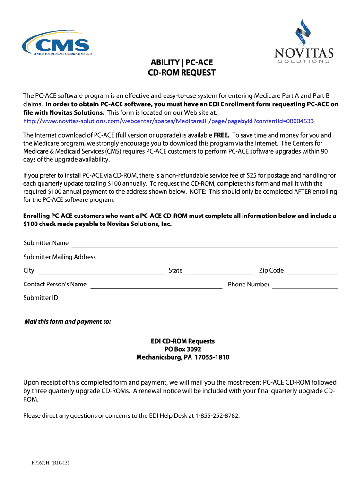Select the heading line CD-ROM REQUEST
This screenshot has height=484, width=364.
pyautogui.click(x=182, y=73)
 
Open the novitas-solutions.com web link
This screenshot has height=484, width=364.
pyautogui.click(x=169, y=121)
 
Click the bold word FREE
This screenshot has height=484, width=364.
pyautogui.click(x=221, y=135)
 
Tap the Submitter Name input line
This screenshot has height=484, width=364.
pyautogui.click(x=204, y=244)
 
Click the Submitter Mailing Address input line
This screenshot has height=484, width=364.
pyautogui.click(x=218, y=258)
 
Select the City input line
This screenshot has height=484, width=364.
pyautogui.click(x=101, y=272)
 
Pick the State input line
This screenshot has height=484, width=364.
pyautogui.click(x=219, y=272)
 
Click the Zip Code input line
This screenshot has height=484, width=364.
pyautogui.click(x=312, y=272)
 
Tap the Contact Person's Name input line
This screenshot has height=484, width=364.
pyautogui.click(x=156, y=285)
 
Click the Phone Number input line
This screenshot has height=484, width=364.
pyautogui.click(x=305, y=285)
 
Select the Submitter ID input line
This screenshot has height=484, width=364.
pyautogui.click(x=201, y=299)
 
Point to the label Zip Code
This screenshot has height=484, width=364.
pyautogui.click(x=271, y=271)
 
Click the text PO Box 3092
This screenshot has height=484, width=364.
pyautogui.click(x=182, y=349)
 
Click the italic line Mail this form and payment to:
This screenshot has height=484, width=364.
pyautogui.click(x=68, y=322)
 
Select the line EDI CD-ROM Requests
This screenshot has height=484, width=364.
pyautogui.click(x=182, y=341)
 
